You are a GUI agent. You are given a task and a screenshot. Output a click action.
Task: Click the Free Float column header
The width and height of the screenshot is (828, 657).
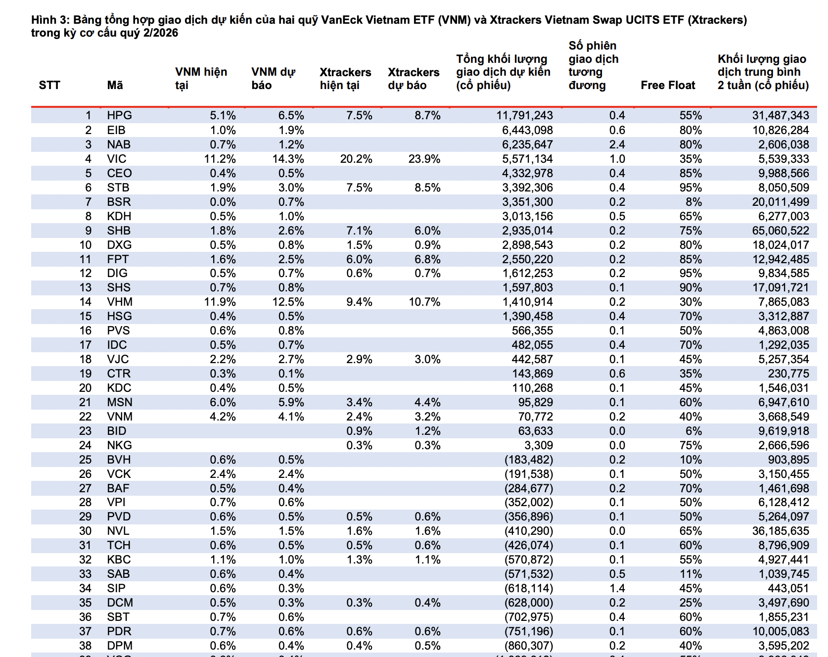coord(668,85)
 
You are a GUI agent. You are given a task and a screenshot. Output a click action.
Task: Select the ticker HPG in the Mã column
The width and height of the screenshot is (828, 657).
coord(119,115)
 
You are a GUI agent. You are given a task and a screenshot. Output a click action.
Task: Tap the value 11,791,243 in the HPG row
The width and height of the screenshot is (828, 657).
coord(525,115)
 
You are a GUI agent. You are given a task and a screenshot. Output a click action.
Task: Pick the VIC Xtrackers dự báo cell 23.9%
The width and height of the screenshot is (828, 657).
coord(424,159)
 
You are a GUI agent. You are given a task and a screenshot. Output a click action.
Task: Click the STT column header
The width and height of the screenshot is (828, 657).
coord(49,85)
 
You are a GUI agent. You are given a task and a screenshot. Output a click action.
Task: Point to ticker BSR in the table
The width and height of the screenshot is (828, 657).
coord(119,202)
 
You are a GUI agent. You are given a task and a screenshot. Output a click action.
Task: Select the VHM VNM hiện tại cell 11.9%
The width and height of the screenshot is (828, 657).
coord(220,302)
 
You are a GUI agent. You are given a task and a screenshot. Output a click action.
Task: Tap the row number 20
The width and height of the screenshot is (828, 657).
coord(86,388)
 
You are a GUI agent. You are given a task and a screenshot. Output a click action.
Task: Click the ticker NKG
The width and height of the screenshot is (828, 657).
coord(119,445)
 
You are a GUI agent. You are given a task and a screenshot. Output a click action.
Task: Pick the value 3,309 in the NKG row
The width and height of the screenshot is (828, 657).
coord(539,445)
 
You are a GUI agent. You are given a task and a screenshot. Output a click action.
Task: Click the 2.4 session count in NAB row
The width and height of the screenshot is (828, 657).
coord(617,144)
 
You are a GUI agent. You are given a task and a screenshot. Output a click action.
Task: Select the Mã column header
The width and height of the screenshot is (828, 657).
coord(115,85)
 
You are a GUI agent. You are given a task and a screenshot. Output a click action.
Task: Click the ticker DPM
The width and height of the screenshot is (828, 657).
coord(120,646)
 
